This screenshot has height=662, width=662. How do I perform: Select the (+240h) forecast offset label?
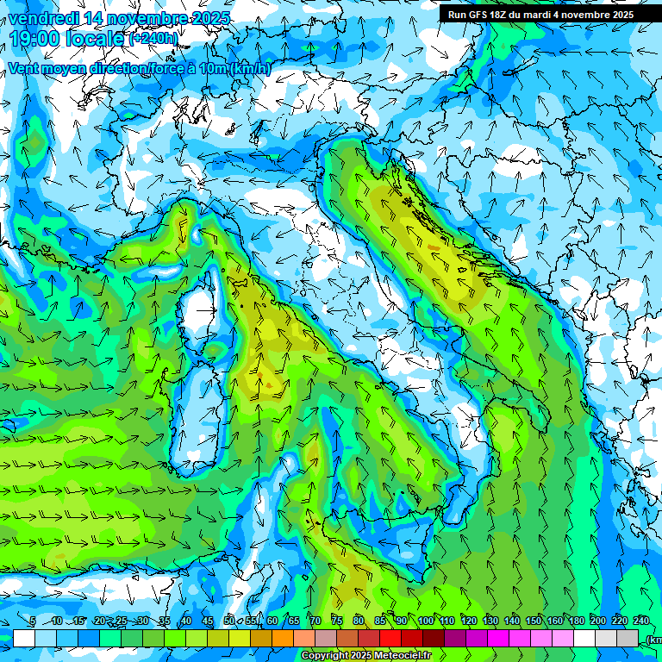click(x=154, y=39)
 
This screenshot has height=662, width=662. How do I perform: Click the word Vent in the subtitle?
click(x=25, y=69)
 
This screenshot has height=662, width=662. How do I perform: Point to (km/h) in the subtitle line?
click(x=250, y=69)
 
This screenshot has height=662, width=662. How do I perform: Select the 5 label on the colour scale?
click(x=33, y=621)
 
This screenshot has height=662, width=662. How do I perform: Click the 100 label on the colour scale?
click(x=426, y=621)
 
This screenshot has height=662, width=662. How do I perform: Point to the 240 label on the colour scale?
click(x=641, y=621)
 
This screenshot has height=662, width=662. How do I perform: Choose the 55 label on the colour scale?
click(x=251, y=621)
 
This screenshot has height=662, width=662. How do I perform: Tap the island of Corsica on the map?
click(x=204, y=310)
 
